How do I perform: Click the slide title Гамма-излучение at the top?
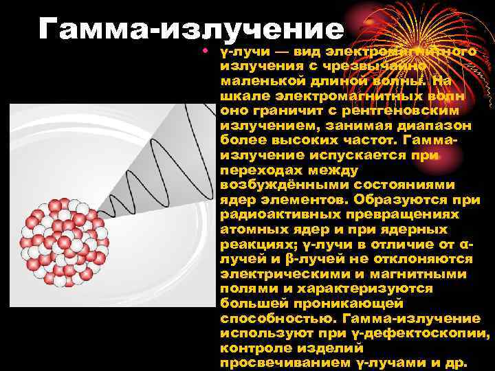[x=191, y=29]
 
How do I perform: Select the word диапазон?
[x=437, y=126]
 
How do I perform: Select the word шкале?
[x=243, y=97]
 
